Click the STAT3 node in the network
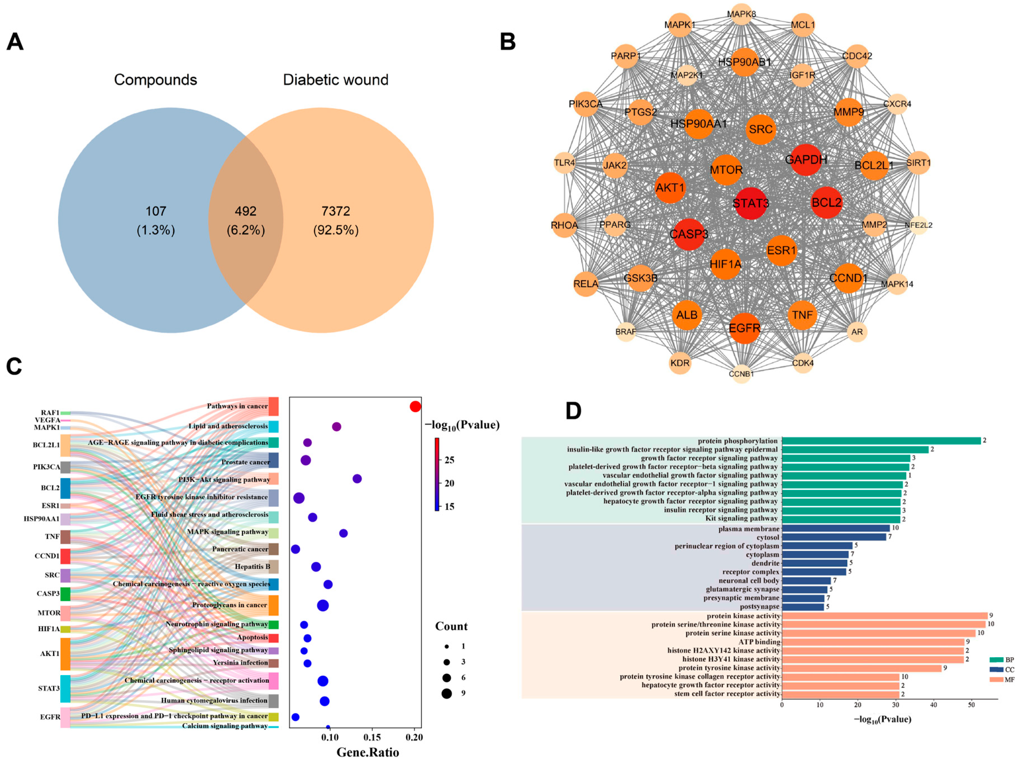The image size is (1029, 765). click(x=751, y=203)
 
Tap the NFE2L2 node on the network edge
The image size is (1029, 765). click(x=918, y=225)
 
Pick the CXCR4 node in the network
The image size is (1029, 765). click(x=897, y=104)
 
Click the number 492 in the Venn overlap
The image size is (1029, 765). click(x=246, y=211)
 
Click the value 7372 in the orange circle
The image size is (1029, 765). click(x=336, y=211)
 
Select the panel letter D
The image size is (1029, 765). click(x=573, y=411)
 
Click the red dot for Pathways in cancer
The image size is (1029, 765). click(x=415, y=407)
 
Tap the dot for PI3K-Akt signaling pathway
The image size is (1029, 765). click(x=357, y=479)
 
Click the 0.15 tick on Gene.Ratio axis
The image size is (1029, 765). click(x=372, y=737)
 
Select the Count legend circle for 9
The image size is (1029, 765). click(x=446, y=693)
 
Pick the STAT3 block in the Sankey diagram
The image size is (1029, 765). click(x=65, y=688)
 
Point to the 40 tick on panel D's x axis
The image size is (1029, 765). click(x=933, y=705)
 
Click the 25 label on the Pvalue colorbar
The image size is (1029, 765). click(x=449, y=460)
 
